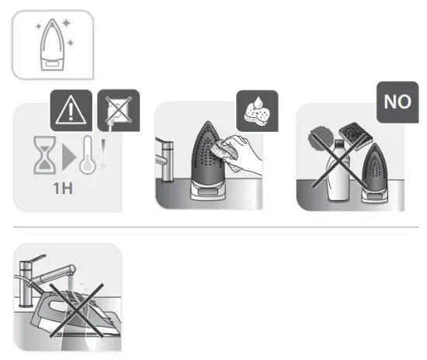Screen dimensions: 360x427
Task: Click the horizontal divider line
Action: tap(213, 227)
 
